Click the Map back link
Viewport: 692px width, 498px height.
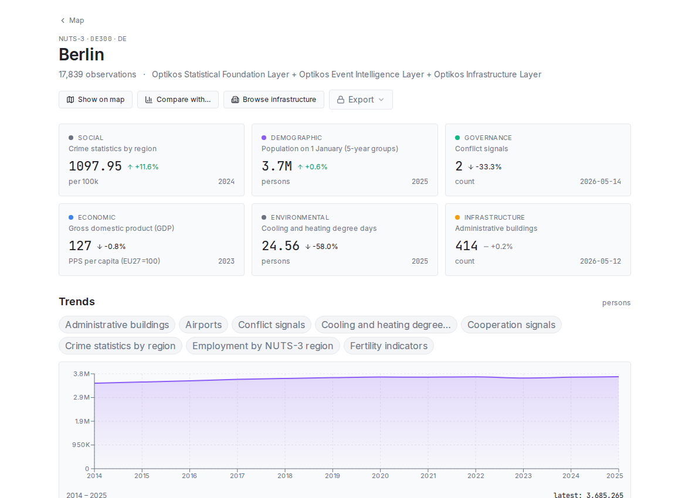tap(72, 21)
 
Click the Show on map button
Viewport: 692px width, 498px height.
tap(96, 100)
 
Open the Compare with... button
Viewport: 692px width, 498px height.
tap(178, 100)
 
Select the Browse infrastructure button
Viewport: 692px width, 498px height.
tap(274, 100)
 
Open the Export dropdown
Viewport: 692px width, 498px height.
tap(361, 100)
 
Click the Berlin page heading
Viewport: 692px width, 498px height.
tap(82, 54)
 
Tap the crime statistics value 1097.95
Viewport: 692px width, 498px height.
tap(95, 166)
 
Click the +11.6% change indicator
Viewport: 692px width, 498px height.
tap(143, 167)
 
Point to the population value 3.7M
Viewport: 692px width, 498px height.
tap(277, 166)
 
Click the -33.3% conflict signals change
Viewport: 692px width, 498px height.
tap(484, 167)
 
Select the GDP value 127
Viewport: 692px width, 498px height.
tap(80, 245)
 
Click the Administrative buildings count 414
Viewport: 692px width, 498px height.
tap(466, 245)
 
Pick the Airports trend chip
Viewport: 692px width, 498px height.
tap(203, 325)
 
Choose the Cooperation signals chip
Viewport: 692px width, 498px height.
tap(511, 325)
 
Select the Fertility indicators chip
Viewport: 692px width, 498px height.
tap(389, 346)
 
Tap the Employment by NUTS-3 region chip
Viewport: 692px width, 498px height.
tap(263, 346)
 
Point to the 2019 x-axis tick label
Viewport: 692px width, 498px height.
tap(333, 476)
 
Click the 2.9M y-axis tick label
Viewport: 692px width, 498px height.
tap(82, 397)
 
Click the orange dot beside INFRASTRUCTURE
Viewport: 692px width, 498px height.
tap(457, 217)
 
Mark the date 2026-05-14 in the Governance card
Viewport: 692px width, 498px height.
tap(600, 182)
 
